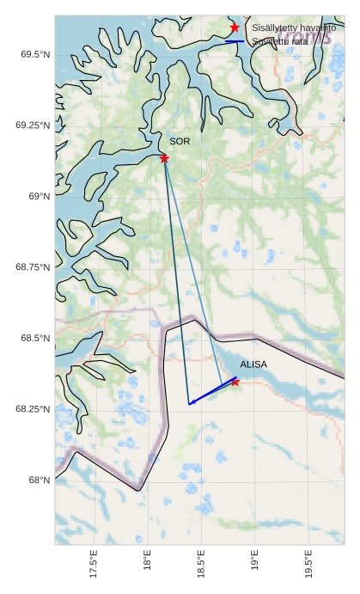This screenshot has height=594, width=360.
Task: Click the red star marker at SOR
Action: pyautogui.click(x=164, y=158)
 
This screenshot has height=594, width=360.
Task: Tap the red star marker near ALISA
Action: pyautogui.click(x=235, y=382)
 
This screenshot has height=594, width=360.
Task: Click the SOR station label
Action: pyautogui.click(x=180, y=141)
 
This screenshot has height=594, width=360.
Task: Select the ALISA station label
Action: pyautogui.click(x=253, y=364)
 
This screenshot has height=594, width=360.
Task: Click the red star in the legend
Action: pyautogui.click(x=235, y=28)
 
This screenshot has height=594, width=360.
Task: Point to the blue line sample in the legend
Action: pyautogui.click(x=235, y=41)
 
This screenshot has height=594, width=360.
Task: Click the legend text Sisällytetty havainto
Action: pyautogui.click(x=288, y=28)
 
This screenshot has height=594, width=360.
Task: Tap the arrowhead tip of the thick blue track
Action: pyautogui.click(x=190, y=402)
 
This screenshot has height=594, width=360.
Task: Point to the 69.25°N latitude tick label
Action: pyautogui.click(x=31, y=126)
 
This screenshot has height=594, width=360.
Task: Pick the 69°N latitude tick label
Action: pyautogui.click(x=38, y=197)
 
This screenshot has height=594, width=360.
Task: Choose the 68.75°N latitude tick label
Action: pyautogui.click(x=31, y=267)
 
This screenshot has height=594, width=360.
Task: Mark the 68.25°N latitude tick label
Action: pyautogui.click(x=31, y=409)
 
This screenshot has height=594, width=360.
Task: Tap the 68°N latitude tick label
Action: pyautogui.click(x=38, y=480)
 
